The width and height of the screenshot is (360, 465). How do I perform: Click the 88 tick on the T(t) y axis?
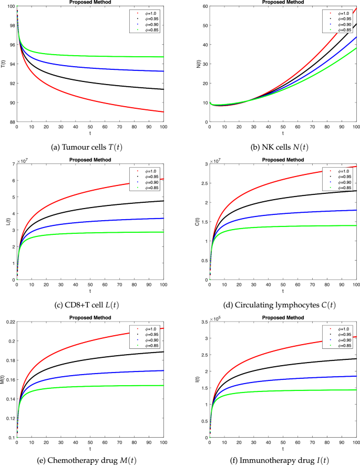pos(12,122)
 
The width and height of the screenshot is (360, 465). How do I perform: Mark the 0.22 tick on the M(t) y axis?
pos(9,321)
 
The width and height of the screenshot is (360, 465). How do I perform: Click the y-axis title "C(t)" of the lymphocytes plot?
pos(198,221)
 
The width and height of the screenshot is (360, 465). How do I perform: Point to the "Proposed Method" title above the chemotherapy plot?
pos(89,316)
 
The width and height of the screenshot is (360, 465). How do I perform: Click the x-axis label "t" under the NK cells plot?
pos(283,133)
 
